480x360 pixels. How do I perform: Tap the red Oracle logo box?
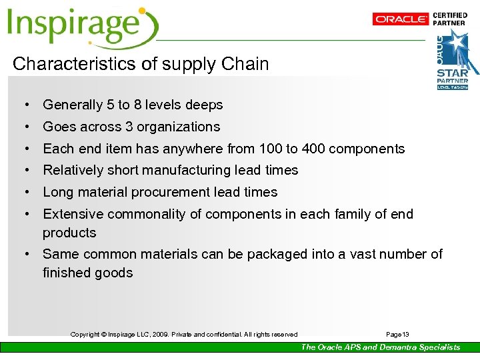pos(401,19)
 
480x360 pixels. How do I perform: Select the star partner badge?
pos(457,60)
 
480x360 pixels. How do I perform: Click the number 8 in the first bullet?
pos(139,105)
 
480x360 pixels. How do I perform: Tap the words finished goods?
pos(87,273)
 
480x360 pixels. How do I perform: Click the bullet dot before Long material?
pos(25,193)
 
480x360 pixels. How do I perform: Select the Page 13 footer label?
pos(398,334)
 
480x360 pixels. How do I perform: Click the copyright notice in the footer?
pos(184,334)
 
